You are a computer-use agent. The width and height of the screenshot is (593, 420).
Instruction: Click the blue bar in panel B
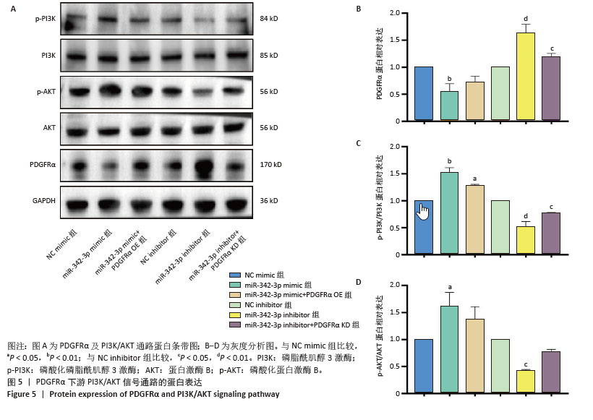point(423,93)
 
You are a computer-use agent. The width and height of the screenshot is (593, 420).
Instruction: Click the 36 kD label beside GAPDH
point(268,200)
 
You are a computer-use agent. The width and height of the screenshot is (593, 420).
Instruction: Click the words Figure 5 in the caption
point(22,394)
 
